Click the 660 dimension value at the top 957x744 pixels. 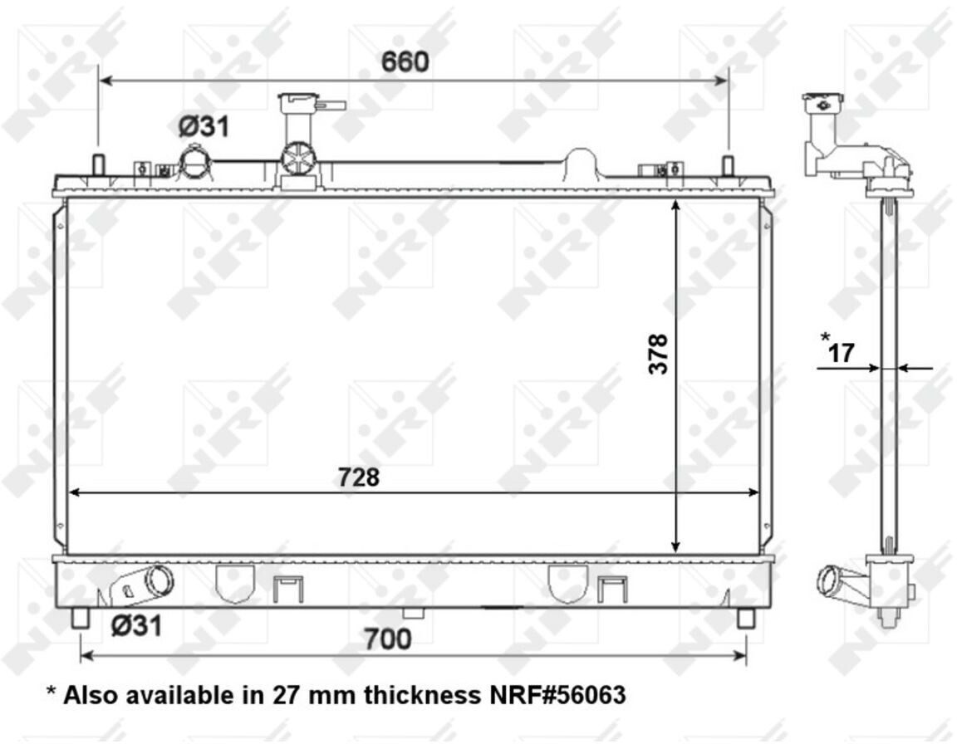pyautogui.click(x=405, y=61)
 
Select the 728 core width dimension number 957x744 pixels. pyautogui.click(x=359, y=477)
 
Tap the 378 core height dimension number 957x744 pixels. pyautogui.click(x=659, y=354)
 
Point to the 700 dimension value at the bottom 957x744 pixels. pyautogui.click(x=388, y=639)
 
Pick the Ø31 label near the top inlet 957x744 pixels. pyautogui.click(x=204, y=127)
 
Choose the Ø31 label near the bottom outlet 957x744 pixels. pyautogui.click(x=137, y=626)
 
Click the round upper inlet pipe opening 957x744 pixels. pyautogui.click(x=196, y=162)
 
